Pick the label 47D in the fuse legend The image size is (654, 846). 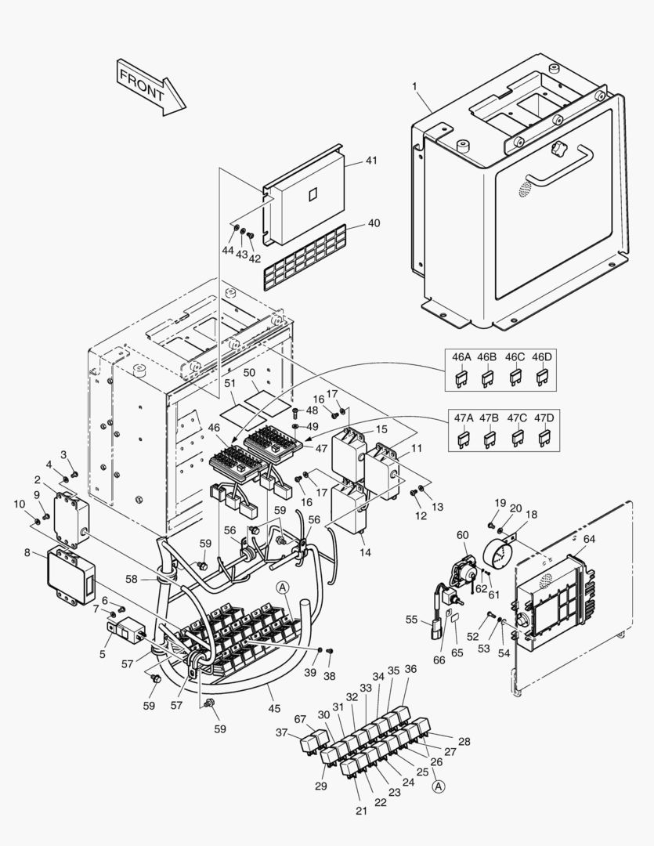coord(544,418)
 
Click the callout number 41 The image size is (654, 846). coord(371,161)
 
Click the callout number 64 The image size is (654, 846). coord(589,539)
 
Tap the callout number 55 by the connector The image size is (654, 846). coord(411,620)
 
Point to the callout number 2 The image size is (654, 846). coord(37,479)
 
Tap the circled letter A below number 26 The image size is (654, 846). coord(438,786)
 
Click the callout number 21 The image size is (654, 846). coord(361,811)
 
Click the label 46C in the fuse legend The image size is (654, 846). coord(515,357)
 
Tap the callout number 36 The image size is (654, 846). coord(410,669)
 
